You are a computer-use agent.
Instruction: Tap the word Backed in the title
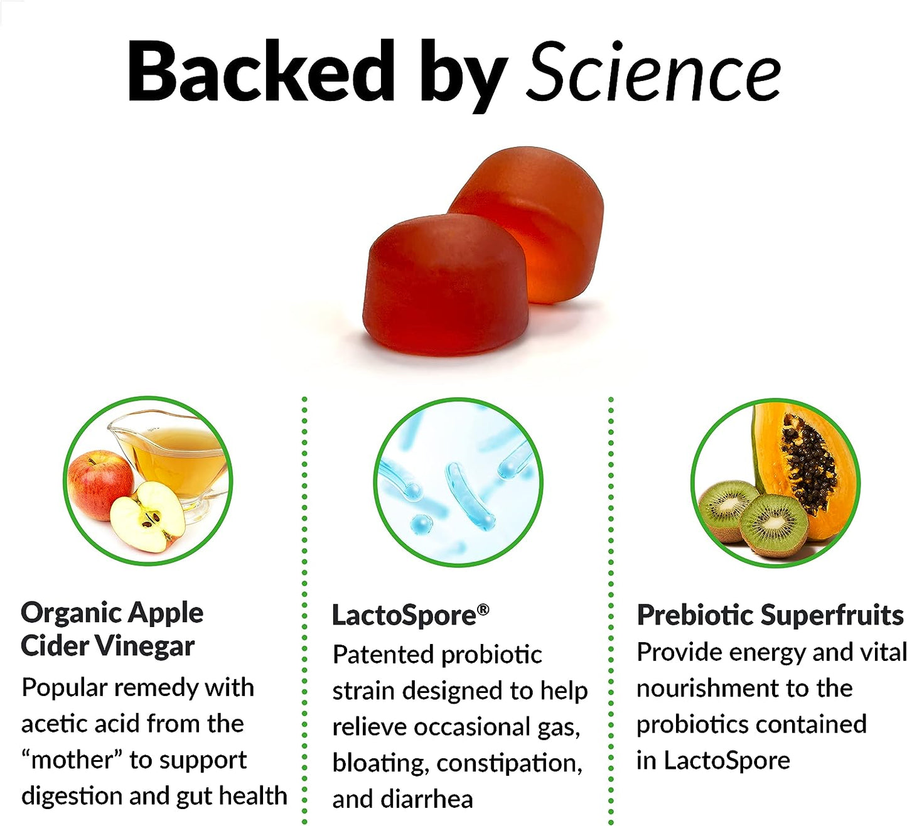[260, 71]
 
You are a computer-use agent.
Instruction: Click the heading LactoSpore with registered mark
[409, 615]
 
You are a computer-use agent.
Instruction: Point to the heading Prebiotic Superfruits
[770, 615]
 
